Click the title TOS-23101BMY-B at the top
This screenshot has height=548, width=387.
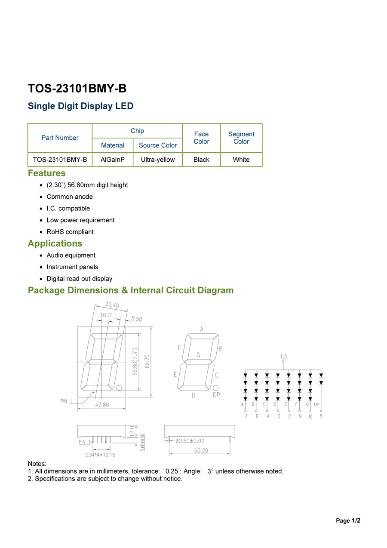tap(77, 88)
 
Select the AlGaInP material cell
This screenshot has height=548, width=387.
tap(113, 160)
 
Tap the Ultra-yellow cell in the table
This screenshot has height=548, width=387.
tap(158, 160)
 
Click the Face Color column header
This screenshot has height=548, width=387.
tap(201, 138)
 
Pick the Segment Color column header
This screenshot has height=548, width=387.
tap(241, 138)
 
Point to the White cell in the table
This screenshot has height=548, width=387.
tap(241, 160)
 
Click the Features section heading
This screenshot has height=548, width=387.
tap(47, 173)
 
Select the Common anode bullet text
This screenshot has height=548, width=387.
tap(70, 197)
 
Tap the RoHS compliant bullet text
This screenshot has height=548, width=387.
tap(70, 232)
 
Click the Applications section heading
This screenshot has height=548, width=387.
tap(55, 243)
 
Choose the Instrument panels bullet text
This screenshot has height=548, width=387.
tap(72, 267)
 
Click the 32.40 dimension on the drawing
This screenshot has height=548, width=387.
tap(112, 305)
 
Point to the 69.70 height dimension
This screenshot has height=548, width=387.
tap(147, 361)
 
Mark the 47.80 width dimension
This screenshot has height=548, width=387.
tap(102, 405)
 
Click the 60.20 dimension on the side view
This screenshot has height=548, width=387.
tap(201, 450)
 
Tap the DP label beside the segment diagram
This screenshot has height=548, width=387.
tap(216, 395)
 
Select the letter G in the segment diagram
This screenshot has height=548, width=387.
tap(198, 355)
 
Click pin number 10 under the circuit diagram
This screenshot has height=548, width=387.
tap(310, 416)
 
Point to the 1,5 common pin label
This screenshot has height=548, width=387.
tap(284, 357)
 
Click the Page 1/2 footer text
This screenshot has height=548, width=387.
tap(348, 520)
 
